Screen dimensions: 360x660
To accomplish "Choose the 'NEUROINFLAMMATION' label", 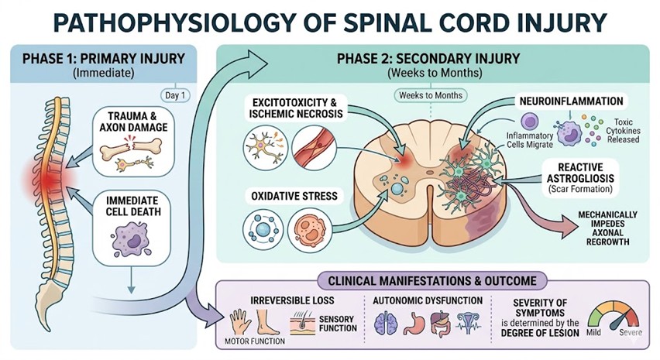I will (x=561, y=101).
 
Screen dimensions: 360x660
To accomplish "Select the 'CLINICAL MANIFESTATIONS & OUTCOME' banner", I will (x=419, y=279).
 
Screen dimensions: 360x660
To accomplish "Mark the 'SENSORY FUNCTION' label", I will (x=337, y=323).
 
